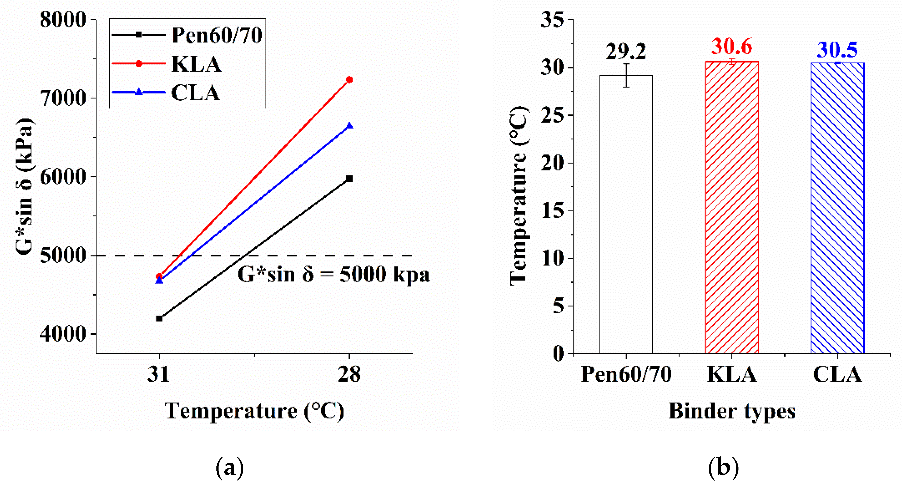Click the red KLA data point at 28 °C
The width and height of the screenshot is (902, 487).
click(x=349, y=80)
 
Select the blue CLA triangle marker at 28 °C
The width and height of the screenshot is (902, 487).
click(x=349, y=126)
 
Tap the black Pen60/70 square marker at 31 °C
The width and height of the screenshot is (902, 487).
click(x=159, y=318)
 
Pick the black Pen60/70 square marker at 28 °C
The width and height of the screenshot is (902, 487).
click(x=349, y=179)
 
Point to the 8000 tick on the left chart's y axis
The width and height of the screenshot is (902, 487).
click(x=63, y=20)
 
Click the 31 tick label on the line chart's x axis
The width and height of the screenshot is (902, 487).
click(x=159, y=374)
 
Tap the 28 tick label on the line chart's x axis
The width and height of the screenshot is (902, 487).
click(x=349, y=374)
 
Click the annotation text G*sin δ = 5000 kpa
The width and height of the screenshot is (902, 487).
click(x=333, y=275)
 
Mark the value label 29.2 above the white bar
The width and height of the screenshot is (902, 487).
click(x=626, y=52)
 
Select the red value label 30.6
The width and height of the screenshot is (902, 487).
click(x=731, y=47)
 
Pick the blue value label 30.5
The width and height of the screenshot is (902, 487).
click(x=837, y=50)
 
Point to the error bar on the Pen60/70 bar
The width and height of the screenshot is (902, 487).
click(x=626, y=75)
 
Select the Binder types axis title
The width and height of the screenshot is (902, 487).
click(x=732, y=411)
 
